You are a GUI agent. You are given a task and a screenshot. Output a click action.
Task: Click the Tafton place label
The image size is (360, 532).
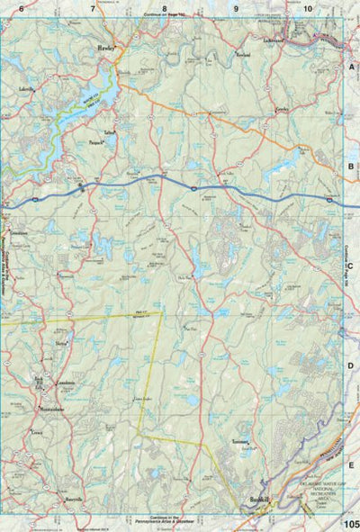[x=111, y=132]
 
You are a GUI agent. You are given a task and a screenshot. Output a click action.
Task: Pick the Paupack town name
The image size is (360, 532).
[x=100, y=141]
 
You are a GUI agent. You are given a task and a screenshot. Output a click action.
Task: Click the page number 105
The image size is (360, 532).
[x=350, y=523]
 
